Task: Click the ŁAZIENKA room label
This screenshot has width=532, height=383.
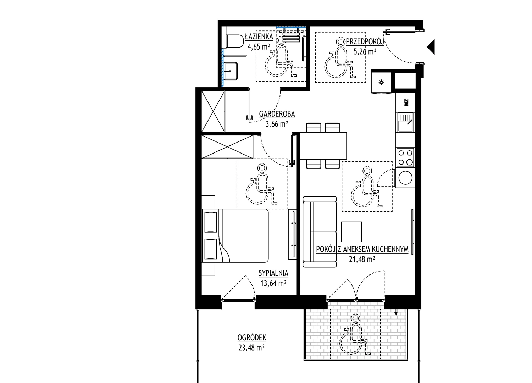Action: pyautogui.click(x=259, y=37)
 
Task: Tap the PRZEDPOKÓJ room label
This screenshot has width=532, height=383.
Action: pyautogui.click(x=365, y=41)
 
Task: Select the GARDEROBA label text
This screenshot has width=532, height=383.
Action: pyautogui.click(x=277, y=114)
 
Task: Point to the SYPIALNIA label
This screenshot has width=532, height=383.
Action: pyautogui.click(x=273, y=273)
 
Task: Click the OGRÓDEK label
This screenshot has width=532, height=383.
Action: pyautogui.click(x=252, y=337)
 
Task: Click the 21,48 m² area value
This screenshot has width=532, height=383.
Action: pyautogui.click(x=362, y=259)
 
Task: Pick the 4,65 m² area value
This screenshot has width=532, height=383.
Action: pyautogui.click(x=259, y=47)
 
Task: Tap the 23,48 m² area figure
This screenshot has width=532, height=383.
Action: pyautogui.click(x=251, y=348)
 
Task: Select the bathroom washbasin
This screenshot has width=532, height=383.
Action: pyautogui.click(x=231, y=71)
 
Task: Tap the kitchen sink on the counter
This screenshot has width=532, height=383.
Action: pyautogui.click(x=405, y=122)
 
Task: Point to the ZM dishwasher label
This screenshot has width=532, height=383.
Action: pyautogui.click(x=406, y=102)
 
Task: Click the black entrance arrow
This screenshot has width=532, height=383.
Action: pyautogui.click(x=431, y=47)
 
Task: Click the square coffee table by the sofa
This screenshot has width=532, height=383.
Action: pyautogui.click(x=351, y=232)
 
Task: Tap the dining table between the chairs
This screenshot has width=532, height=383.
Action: pyautogui.click(x=323, y=146)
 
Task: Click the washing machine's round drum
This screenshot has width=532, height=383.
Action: pyautogui.click(x=405, y=178)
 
